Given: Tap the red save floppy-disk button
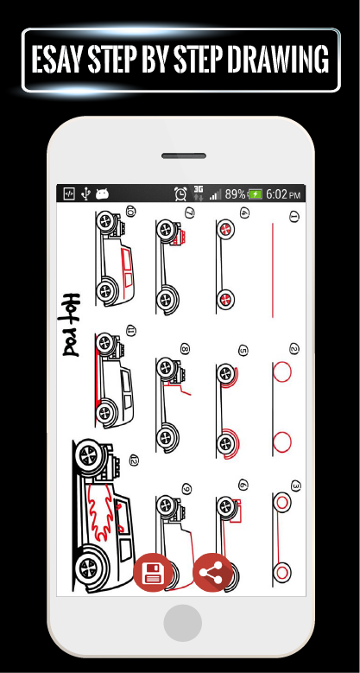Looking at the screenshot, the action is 153,573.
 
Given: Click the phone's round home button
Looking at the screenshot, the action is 182,623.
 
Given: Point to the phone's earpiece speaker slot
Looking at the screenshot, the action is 184,156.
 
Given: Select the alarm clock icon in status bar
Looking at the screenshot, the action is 180,194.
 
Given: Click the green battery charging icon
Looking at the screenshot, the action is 255,194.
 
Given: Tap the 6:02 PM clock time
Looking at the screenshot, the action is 283,194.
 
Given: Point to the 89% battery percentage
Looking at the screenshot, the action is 235,194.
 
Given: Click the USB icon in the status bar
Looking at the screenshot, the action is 85,194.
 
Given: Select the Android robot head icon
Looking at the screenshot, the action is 102,194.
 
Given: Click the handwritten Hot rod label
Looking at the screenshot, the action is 70,325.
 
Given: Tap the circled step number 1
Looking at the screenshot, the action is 294,217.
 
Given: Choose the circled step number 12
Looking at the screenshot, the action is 134,460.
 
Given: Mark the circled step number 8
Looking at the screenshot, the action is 185,349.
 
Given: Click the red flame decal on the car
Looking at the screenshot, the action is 102,511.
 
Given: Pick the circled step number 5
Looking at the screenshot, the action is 243,351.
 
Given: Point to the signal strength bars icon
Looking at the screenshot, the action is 216,195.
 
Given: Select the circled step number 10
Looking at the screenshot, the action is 131,211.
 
